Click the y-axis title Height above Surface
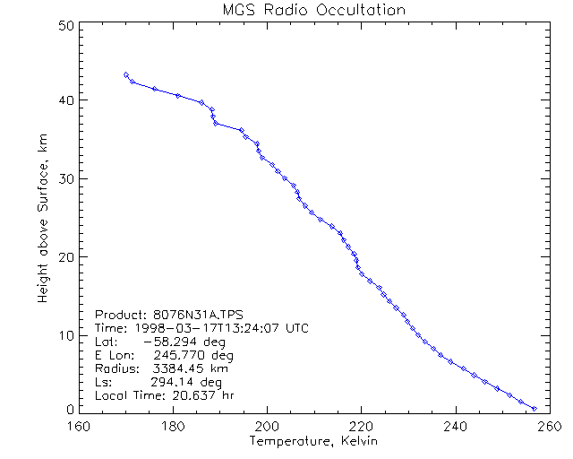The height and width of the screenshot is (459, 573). (x=43, y=217)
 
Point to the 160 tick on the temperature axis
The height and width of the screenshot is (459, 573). (x=79, y=426)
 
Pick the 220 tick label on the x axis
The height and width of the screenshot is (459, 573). (x=361, y=426)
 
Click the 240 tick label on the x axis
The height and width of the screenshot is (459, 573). (x=456, y=426)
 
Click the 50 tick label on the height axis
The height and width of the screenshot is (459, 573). (x=64, y=26)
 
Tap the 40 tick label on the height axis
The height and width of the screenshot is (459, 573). (x=64, y=100)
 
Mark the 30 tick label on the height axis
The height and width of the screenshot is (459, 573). (x=64, y=178)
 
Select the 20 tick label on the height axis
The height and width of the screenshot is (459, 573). (x=64, y=257)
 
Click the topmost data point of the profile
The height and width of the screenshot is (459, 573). (x=126, y=74)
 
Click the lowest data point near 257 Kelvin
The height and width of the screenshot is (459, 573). (x=535, y=409)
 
